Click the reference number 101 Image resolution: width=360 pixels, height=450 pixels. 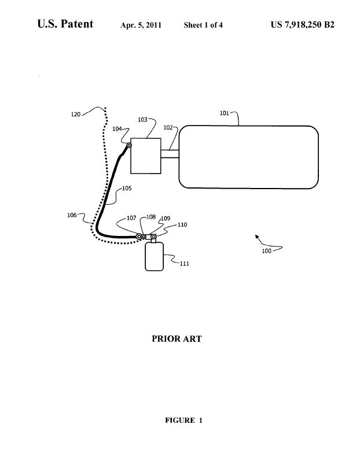(x=224, y=113)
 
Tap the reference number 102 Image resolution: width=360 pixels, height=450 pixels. (x=168, y=127)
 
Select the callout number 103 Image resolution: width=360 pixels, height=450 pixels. (x=143, y=120)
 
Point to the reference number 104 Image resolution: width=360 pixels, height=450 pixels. (x=117, y=129)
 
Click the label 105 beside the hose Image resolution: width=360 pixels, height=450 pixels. (x=127, y=188)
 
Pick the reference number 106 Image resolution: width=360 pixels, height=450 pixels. (x=72, y=215)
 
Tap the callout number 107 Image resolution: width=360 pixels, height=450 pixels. (x=131, y=218)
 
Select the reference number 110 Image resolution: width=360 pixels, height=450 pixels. (x=182, y=225)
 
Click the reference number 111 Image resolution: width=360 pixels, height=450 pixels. (x=185, y=263)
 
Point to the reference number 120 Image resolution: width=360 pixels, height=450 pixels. (x=76, y=115)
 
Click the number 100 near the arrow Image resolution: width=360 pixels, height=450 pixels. (x=266, y=251)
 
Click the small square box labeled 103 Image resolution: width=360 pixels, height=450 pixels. (x=146, y=156)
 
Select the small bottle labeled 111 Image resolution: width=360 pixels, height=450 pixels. (x=154, y=256)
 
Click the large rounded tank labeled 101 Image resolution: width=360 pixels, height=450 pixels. (x=249, y=157)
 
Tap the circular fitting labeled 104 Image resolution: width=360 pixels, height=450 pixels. (x=129, y=146)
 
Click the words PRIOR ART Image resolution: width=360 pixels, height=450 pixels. (x=177, y=339)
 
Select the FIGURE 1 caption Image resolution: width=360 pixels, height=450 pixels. (x=183, y=421)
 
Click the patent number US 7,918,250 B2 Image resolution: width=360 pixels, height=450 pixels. (x=303, y=25)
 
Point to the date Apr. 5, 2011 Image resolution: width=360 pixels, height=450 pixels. (x=141, y=25)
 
